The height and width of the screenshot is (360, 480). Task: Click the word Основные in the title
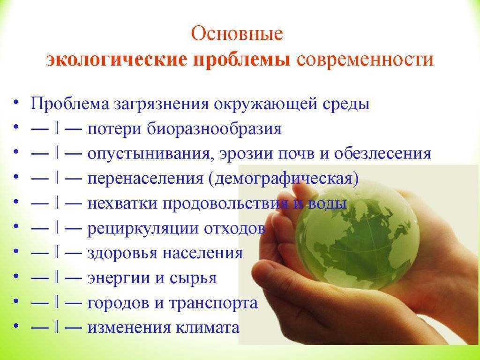coord(237,33)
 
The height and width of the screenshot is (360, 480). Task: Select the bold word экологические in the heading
coord(117,60)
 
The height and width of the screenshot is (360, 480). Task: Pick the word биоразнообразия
coord(214,129)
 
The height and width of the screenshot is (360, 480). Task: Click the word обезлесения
coord(382,153)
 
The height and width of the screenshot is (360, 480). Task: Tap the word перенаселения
coord(145,179)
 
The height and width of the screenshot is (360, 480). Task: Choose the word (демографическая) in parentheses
coord(284,179)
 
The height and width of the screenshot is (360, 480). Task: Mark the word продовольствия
coord(225,204)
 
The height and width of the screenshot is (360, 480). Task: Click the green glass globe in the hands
coord(357,235)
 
